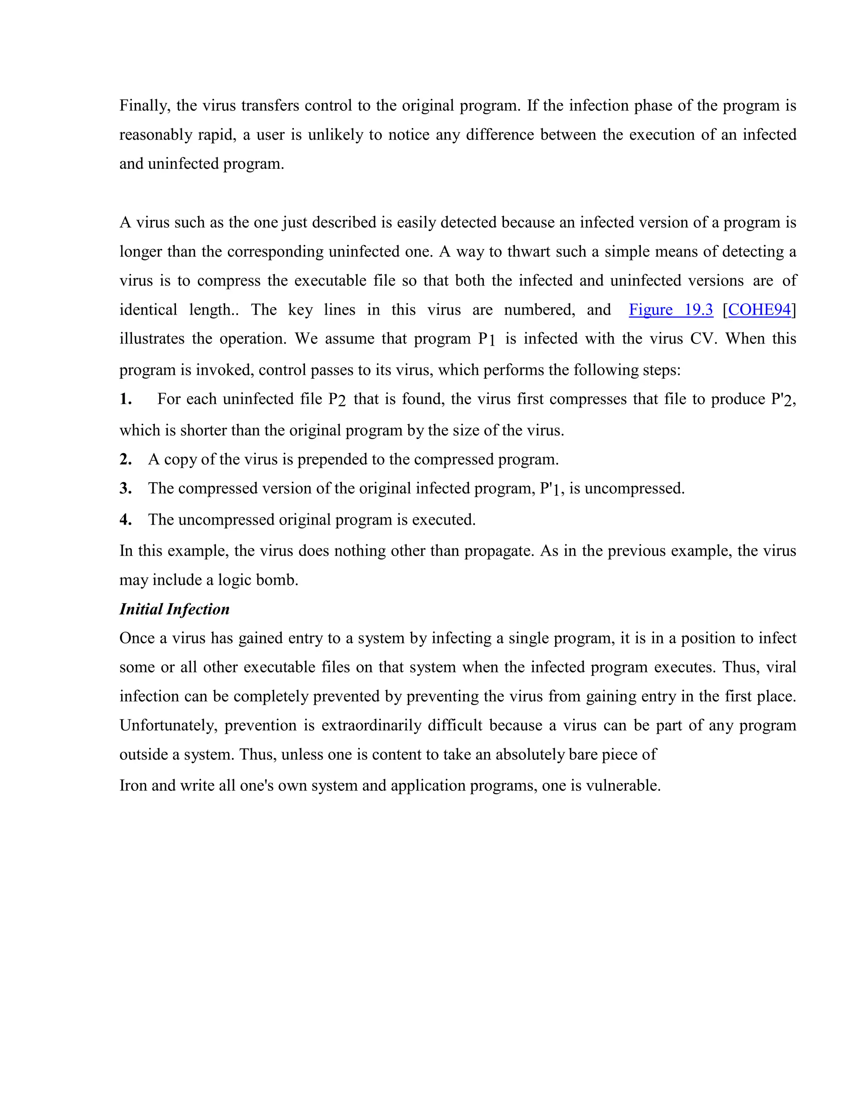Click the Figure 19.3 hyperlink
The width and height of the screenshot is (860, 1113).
pos(671,310)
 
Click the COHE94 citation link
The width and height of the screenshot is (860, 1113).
pos(759,310)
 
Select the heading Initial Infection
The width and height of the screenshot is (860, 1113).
pos(174,609)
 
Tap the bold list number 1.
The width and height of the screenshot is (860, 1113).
pos(125,399)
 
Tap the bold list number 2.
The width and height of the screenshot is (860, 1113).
pos(125,459)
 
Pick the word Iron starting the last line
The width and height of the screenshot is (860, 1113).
pos(133,785)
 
